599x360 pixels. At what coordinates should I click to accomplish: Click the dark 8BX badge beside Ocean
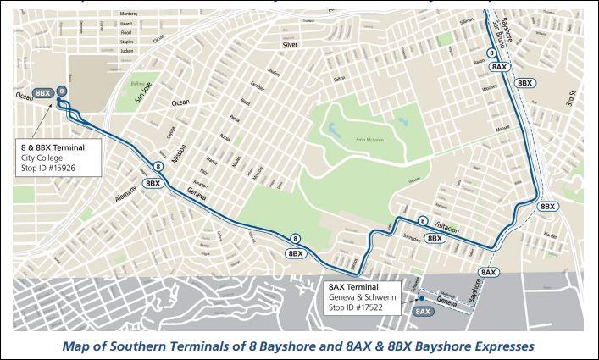pyautogui.click(x=42, y=91)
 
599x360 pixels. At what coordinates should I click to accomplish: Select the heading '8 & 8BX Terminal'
pyautogui.click(x=58, y=147)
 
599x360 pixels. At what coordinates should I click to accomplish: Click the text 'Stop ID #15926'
pyautogui.click(x=53, y=168)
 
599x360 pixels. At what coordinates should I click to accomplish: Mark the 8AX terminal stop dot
pyautogui.click(x=419, y=297)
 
